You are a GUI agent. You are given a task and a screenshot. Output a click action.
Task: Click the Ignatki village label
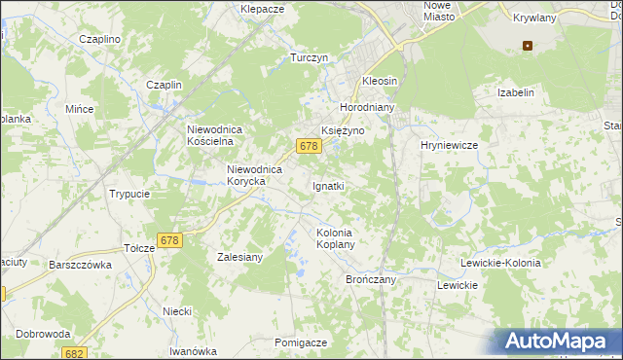tap(328, 185)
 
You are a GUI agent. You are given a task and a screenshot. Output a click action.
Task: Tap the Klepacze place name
tap(262, 9)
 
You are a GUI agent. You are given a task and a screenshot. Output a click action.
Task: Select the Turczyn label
tap(309, 58)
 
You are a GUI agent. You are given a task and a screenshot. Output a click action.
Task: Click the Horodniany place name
tap(364, 107)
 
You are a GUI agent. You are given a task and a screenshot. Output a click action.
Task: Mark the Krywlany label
tap(532, 18)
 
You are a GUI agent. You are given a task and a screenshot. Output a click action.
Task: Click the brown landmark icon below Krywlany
tap(528, 44)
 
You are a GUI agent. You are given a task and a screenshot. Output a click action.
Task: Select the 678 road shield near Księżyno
tap(309, 146)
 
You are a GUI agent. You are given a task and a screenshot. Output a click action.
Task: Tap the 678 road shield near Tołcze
tap(169, 240)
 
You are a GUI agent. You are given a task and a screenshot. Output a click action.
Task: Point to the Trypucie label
tap(129, 194)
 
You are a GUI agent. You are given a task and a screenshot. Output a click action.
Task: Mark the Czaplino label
tap(99, 39)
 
